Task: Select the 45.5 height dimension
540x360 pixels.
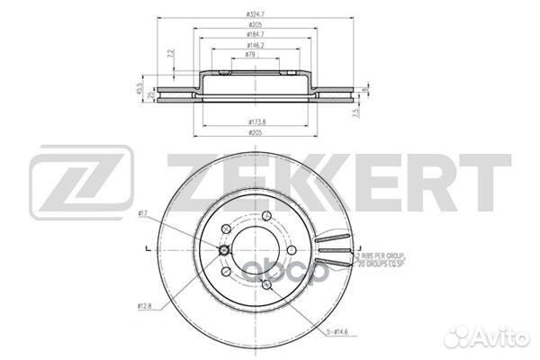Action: point(139,92)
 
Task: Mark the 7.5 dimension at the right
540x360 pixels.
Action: point(358,113)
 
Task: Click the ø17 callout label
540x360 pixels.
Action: point(144,213)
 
